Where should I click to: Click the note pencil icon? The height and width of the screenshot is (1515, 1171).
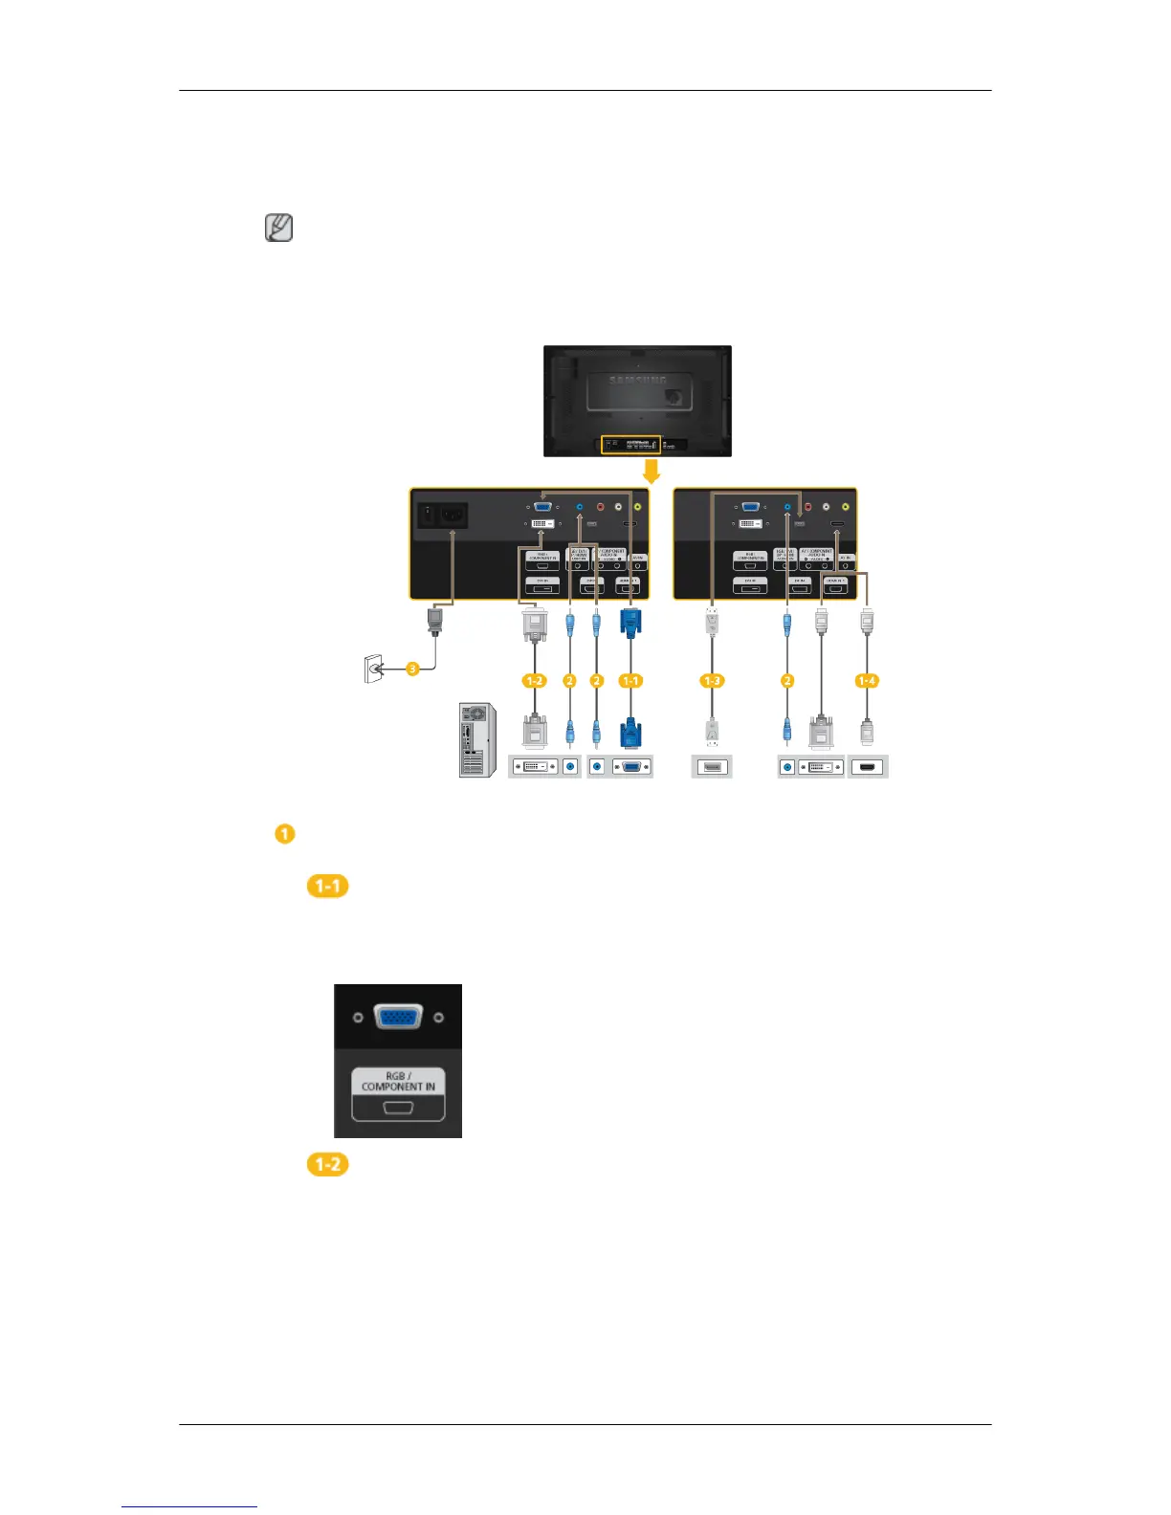click(278, 229)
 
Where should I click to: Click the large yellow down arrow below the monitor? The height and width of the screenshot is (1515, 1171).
click(651, 472)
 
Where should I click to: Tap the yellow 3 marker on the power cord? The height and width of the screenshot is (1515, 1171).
click(412, 670)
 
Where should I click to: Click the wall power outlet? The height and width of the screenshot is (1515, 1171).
click(373, 670)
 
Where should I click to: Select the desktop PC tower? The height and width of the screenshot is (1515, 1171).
click(477, 739)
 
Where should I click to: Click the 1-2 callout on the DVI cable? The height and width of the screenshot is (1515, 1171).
click(534, 681)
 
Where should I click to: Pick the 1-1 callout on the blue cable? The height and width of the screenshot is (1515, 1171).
click(630, 681)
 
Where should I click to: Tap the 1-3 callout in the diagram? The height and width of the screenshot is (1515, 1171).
click(712, 681)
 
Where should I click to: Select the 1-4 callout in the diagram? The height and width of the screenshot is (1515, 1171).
click(866, 681)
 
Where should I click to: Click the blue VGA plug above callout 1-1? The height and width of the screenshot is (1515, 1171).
click(630, 623)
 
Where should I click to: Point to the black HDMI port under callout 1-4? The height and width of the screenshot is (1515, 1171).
click(867, 766)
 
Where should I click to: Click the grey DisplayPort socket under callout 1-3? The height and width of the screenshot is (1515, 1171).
click(712, 766)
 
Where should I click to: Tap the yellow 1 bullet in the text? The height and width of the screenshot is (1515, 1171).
click(284, 833)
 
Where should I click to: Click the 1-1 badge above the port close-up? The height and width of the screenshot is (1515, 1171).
click(327, 886)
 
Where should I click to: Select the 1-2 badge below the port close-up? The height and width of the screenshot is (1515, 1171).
click(327, 1164)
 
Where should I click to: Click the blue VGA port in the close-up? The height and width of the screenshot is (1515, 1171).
click(398, 1017)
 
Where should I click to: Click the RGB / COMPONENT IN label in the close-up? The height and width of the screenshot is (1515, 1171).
click(398, 1081)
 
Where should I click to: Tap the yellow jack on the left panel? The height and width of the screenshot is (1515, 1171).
click(638, 508)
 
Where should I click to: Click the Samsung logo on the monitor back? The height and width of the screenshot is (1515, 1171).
click(638, 380)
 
